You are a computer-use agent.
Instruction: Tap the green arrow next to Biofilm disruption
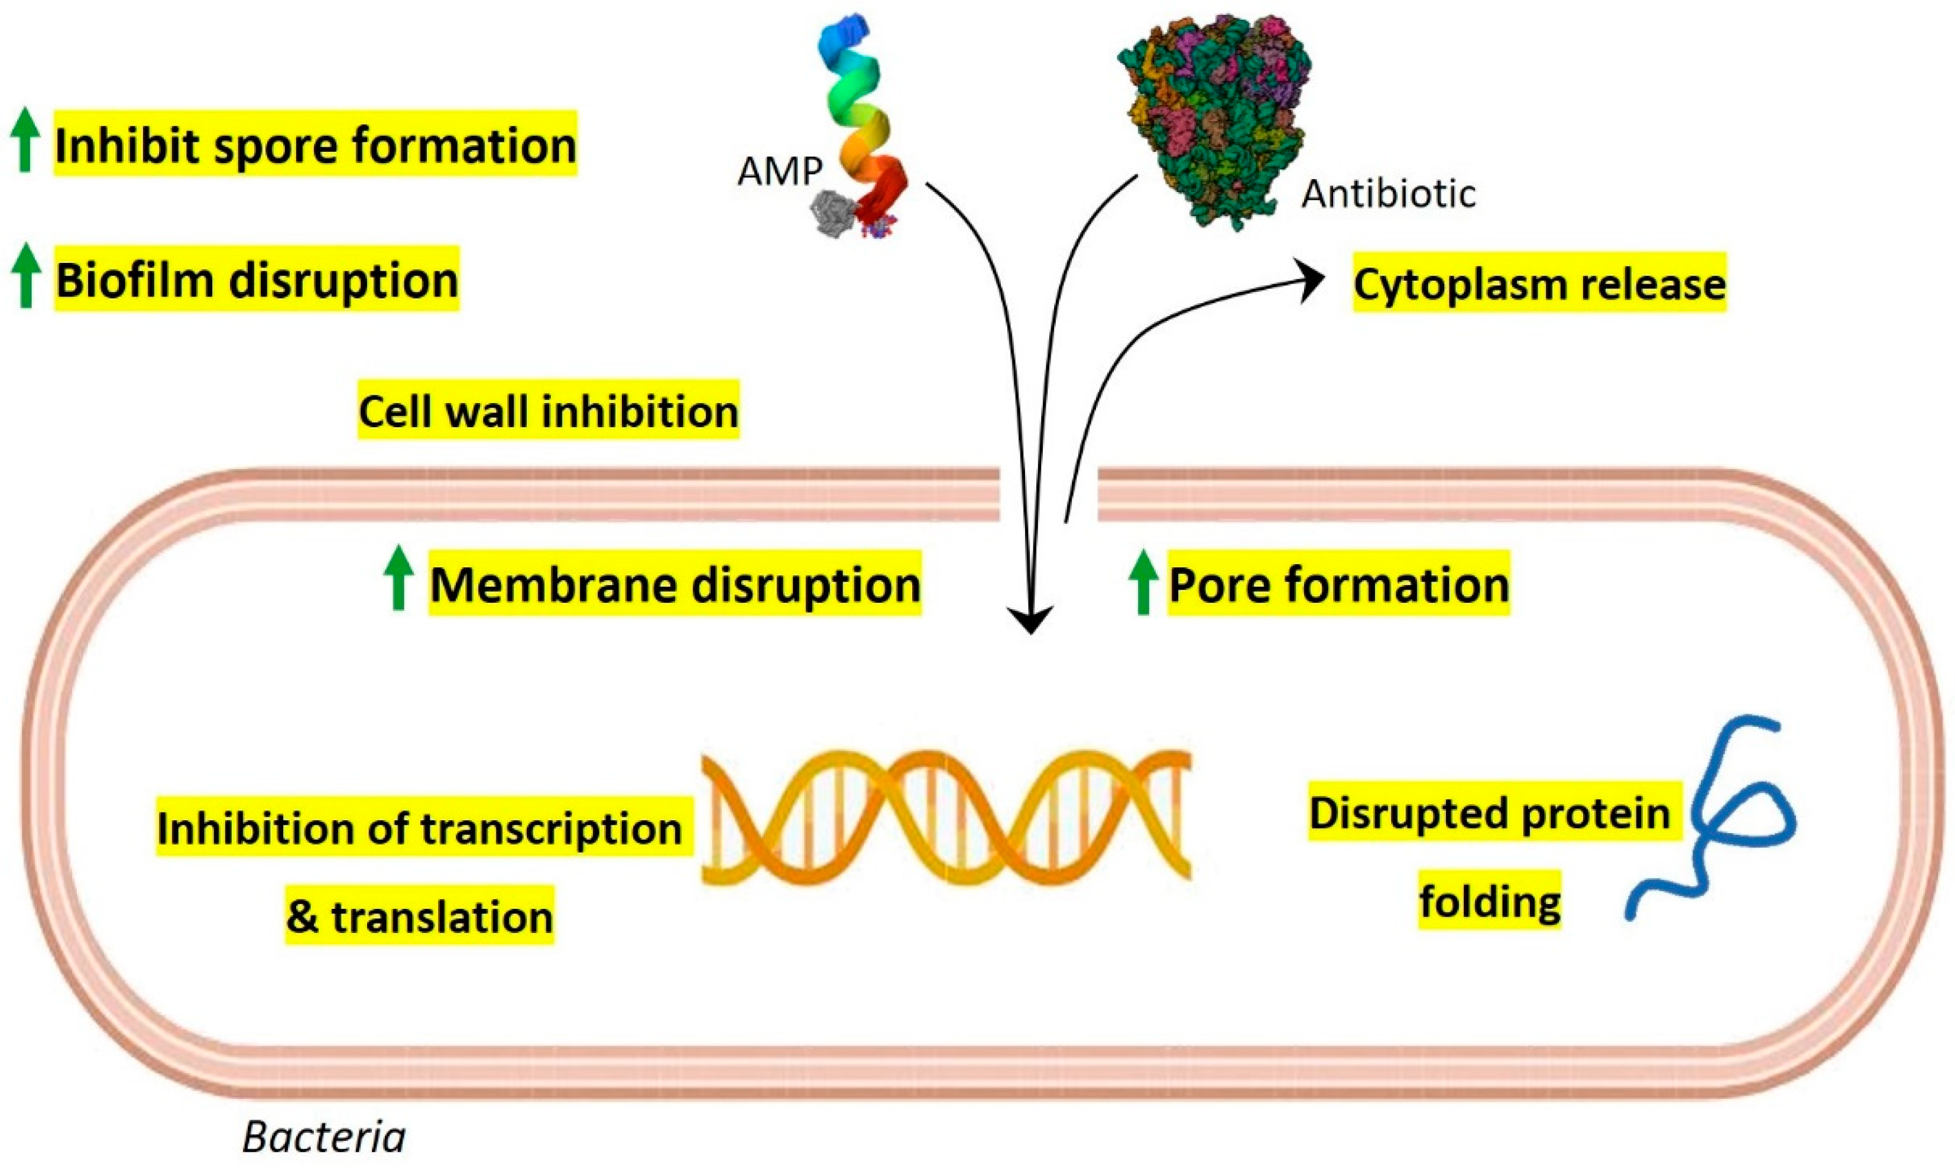[x=25, y=275]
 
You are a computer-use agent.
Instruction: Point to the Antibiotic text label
[x=1388, y=194]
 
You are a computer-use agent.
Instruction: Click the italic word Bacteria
[x=324, y=1137]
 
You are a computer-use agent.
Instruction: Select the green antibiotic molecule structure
[x=1214, y=118]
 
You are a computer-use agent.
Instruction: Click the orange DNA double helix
[x=946, y=816]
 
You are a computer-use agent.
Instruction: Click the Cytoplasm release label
[x=1539, y=284]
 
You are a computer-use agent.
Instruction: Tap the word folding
[x=1490, y=901]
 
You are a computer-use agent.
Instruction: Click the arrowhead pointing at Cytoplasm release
[x=1313, y=282]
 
